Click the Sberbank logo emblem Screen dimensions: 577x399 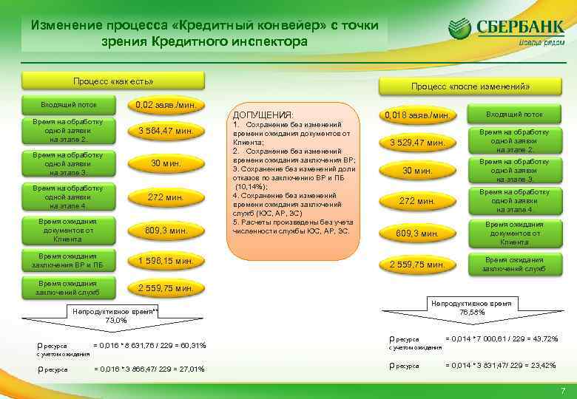[x=459, y=30]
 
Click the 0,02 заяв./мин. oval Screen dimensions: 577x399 [x=165, y=106]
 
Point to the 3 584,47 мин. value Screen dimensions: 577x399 [x=165, y=132]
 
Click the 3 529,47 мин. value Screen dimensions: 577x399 [x=416, y=142]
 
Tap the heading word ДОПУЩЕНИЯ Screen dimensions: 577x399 [x=263, y=115]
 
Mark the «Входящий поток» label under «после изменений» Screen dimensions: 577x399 [x=515, y=115]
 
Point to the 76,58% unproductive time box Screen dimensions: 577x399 [x=471, y=307]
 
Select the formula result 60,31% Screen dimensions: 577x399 [x=192, y=346]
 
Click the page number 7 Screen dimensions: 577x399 [x=563, y=390]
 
